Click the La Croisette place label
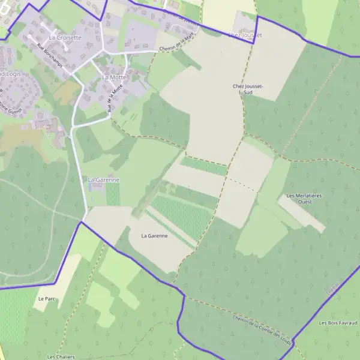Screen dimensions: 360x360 pyautogui.click(x=65, y=37)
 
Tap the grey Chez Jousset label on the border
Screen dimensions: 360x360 pyautogui.click(x=245, y=35)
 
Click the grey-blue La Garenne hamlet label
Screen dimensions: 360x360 pyautogui.click(x=103, y=179)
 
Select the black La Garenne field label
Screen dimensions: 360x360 pyautogui.click(x=154, y=236)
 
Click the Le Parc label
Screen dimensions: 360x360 pyautogui.click(x=46, y=298)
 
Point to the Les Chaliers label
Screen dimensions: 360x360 pyautogui.click(x=61, y=356)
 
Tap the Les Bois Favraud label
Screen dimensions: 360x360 pyautogui.click(x=339, y=322)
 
